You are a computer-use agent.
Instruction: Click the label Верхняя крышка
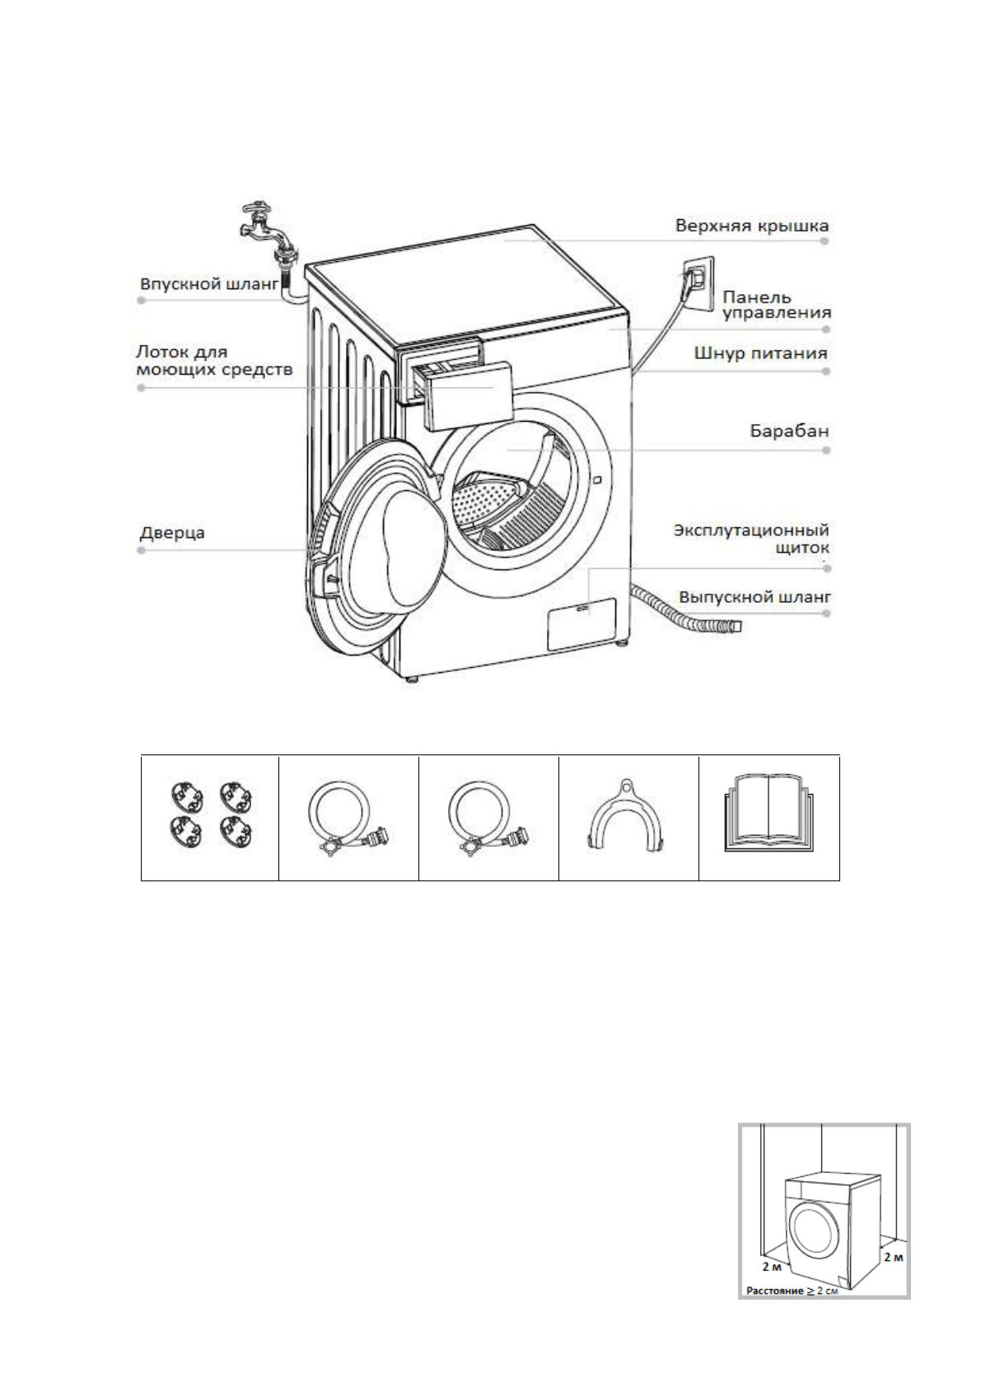[x=751, y=226]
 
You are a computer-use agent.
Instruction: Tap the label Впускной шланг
[x=209, y=285]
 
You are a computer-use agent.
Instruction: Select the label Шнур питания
[x=760, y=353]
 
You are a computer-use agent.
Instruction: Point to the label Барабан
[x=788, y=432]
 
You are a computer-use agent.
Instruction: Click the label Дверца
[x=172, y=533]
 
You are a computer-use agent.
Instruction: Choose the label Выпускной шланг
[x=754, y=596]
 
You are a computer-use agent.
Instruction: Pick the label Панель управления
[x=775, y=305]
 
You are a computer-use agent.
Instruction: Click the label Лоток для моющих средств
[x=213, y=361]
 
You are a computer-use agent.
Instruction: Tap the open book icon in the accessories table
[x=768, y=815]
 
